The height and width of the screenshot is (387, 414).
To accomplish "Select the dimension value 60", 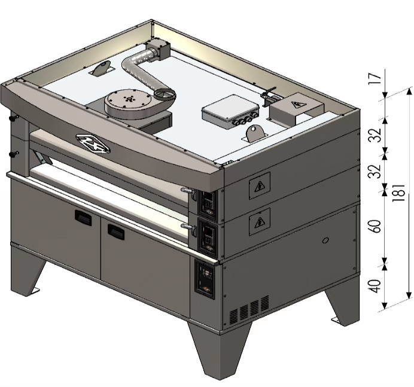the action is point(376,226).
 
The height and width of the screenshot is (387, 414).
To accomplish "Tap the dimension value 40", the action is point(376,286).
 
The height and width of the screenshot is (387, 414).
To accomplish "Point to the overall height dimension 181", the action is point(399,193).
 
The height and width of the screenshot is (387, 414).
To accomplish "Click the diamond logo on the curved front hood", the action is point(93,144).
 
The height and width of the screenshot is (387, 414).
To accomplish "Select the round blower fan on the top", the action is point(128,102).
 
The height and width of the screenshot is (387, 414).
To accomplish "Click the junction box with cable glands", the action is point(230,112).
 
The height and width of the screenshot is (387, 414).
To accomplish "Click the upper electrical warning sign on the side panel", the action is point(260,185).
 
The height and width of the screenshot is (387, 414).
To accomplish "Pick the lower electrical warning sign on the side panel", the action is point(260,221).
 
